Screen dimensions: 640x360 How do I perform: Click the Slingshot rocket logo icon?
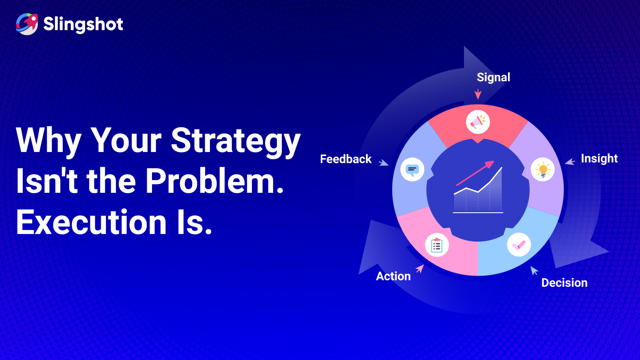(x=27, y=24)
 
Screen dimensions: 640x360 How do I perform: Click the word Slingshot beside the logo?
(x=83, y=24)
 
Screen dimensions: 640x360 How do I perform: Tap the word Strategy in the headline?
(x=236, y=142)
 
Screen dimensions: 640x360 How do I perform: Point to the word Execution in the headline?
(x=92, y=222)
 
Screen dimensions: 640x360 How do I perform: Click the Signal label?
(x=494, y=78)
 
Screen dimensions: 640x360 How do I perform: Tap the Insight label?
(x=599, y=158)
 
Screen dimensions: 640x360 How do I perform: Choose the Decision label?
(x=564, y=283)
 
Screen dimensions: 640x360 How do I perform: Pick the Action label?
(x=393, y=276)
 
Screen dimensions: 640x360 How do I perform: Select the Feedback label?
(x=346, y=159)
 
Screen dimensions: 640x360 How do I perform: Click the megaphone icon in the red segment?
(x=478, y=122)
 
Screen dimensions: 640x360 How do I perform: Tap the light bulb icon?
(x=542, y=170)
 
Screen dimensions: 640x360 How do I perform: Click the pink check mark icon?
(x=519, y=245)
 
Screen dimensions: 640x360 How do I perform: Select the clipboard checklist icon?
(x=436, y=245)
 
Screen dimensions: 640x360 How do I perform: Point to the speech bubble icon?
(x=412, y=170)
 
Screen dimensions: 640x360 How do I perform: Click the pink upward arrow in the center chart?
(x=475, y=173)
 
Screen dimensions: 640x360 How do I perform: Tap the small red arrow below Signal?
(x=478, y=94)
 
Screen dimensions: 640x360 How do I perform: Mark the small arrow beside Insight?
(x=570, y=162)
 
